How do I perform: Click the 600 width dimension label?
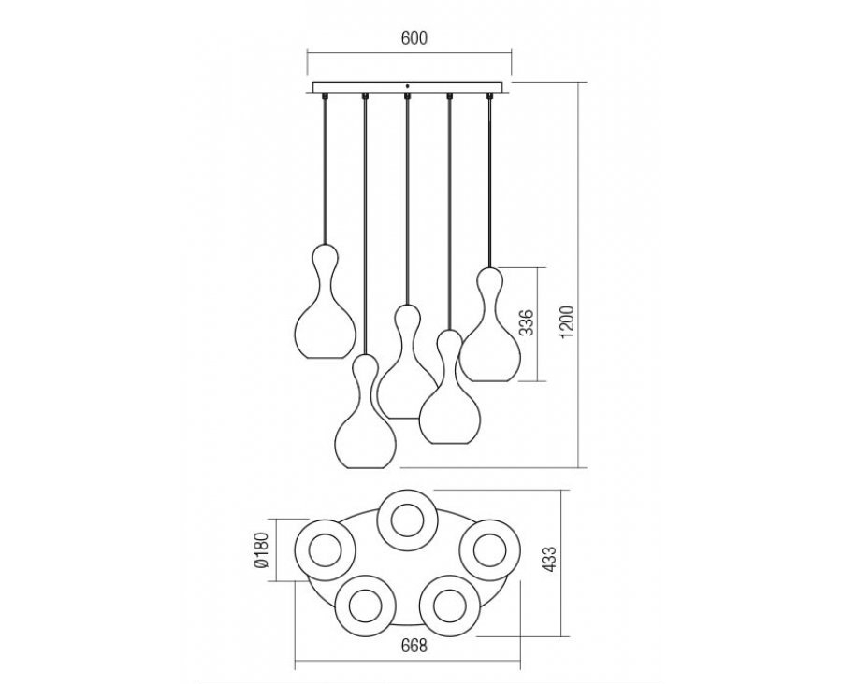point(414,38)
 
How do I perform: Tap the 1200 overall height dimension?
point(568,321)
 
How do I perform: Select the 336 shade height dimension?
point(529,322)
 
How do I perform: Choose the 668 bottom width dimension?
point(414,646)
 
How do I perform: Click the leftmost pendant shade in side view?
point(326,301)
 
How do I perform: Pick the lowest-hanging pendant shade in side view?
point(366,411)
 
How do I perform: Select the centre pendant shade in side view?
point(407,362)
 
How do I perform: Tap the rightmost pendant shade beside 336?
point(489,324)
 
